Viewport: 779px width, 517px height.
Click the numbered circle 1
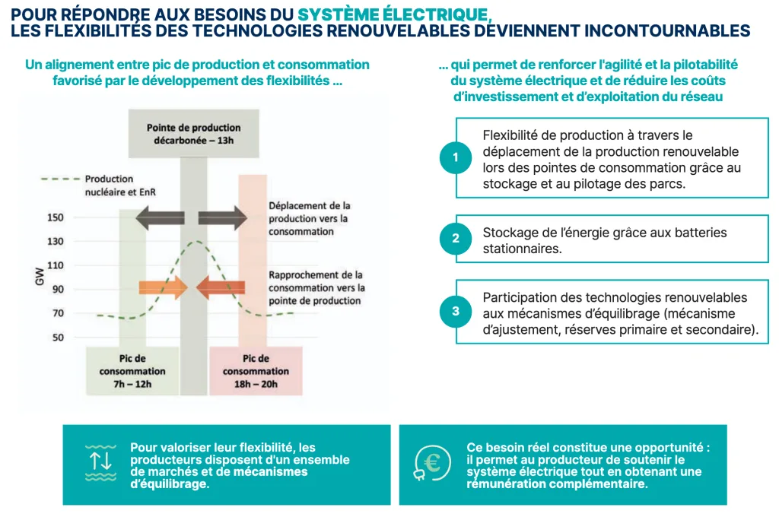coord(455,158)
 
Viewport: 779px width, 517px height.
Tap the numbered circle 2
coord(455,239)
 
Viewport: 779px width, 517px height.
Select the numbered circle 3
coord(455,311)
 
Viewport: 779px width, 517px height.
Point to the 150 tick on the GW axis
coord(56,217)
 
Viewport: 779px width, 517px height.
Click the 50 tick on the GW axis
coord(59,338)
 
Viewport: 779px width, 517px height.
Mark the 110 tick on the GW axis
coord(56,265)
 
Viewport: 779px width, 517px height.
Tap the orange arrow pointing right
coord(162,287)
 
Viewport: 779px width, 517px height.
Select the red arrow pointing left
coord(221,287)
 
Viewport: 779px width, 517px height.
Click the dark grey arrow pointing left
coord(160,218)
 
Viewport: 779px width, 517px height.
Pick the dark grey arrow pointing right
coord(223,218)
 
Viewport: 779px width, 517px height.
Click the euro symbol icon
coord(431,464)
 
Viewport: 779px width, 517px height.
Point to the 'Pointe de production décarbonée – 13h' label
coord(193,135)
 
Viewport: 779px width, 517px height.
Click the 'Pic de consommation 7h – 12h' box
coord(132,371)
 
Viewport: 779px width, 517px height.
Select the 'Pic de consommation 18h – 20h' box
coord(256,371)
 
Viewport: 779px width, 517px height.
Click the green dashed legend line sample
coord(60,179)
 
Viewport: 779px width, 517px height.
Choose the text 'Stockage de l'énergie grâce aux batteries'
coord(605,232)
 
